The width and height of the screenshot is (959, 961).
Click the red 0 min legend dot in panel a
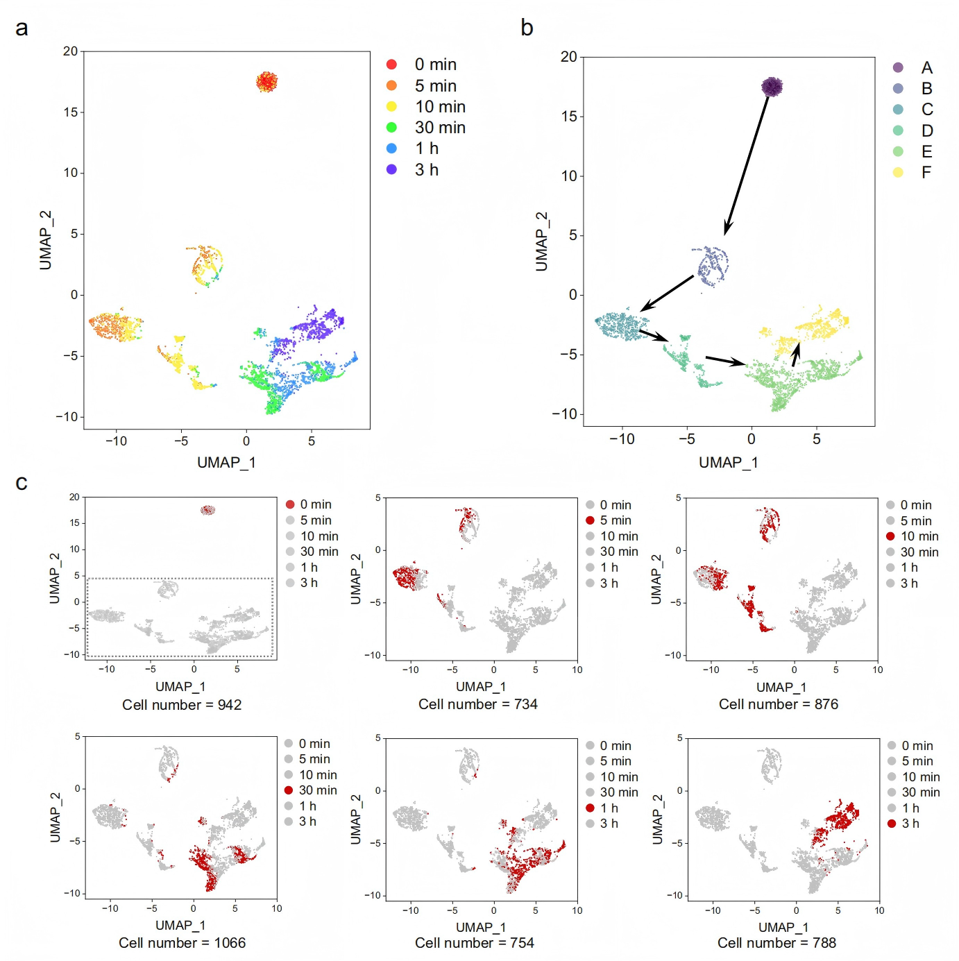pyautogui.click(x=391, y=65)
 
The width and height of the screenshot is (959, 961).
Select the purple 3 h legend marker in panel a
pyautogui.click(x=391, y=169)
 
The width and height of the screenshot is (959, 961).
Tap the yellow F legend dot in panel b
pyautogui.click(x=898, y=173)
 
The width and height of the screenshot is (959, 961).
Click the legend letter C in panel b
pyautogui.click(x=927, y=109)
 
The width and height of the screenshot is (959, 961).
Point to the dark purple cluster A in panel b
pyautogui.click(x=772, y=87)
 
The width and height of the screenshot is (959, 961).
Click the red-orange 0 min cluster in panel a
pyautogui.click(x=267, y=82)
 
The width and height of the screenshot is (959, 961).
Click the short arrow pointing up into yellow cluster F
pyautogui.click(x=795, y=354)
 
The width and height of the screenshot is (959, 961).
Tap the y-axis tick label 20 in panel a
pyautogui.click(x=70, y=51)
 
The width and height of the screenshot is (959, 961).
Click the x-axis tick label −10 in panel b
pyautogui.click(x=622, y=439)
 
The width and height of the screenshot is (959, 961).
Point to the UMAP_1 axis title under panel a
pyautogui.click(x=226, y=463)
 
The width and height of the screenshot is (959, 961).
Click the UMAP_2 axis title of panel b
pyautogui.click(x=541, y=242)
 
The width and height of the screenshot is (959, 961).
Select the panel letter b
pyautogui.click(x=527, y=28)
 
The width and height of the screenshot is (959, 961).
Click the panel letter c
pyautogui.click(x=22, y=483)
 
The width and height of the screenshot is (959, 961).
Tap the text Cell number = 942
pyautogui.click(x=182, y=705)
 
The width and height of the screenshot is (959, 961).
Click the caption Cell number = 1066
pyautogui.click(x=182, y=943)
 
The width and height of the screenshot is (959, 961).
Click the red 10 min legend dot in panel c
pyautogui.click(x=890, y=536)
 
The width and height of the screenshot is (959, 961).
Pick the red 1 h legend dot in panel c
pyautogui.click(x=590, y=808)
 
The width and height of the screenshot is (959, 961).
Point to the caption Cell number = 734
pyautogui.click(x=478, y=704)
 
